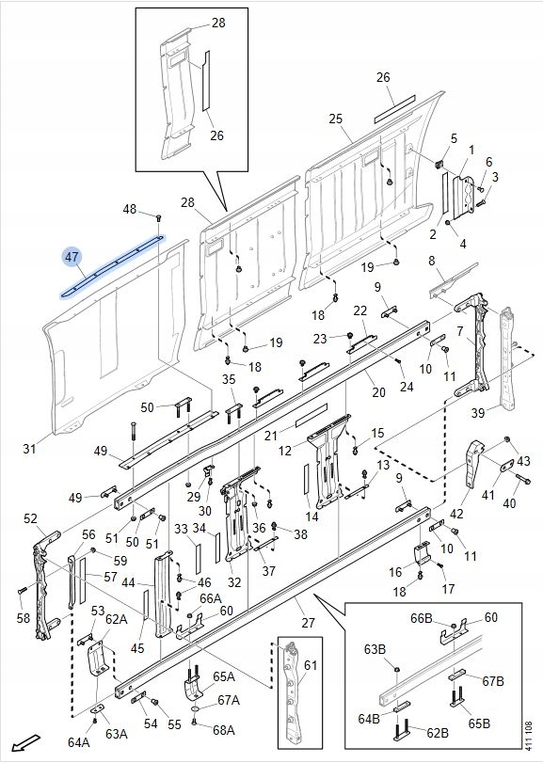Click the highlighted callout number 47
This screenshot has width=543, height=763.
[x=72, y=257]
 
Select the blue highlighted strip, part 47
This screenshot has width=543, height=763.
[x=113, y=265]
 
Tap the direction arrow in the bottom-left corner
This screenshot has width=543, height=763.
[x=25, y=741]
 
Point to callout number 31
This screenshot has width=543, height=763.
[x=30, y=448]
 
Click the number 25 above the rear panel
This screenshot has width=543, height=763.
[x=336, y=119]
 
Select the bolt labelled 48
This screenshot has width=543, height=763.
[x=158, y=217]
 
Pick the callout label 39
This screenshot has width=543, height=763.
[x=478, y=413]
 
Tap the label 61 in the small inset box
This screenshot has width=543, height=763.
[x=311, y=665]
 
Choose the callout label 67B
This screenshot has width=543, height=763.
[x=492, y=681]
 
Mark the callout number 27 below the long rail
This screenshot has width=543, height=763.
[x=308, y=623]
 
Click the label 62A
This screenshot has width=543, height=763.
[x=117, y=619]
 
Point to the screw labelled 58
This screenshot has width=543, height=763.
[x=22, y=591]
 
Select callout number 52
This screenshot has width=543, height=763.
[x=30, y=518]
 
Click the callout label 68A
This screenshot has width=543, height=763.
[x=224, y=730]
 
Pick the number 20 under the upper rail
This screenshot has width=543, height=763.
[x=378, y=391]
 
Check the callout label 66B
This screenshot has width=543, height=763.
[x=422, y=618]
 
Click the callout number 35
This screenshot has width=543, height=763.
[x=229, y=379]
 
